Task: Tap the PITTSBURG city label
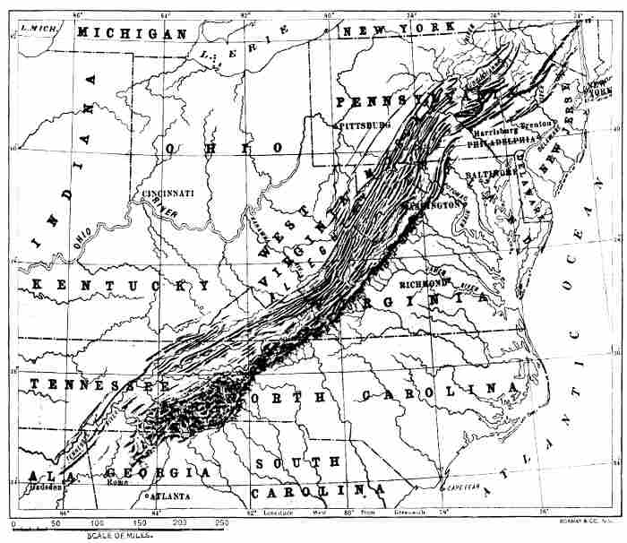[x=365, y=126]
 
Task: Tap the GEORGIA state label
[x=157, y=472]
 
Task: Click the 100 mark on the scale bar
[x=98, y=521]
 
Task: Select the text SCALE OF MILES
[x=126, y=535]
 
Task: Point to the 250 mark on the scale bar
[x=219, y=521]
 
